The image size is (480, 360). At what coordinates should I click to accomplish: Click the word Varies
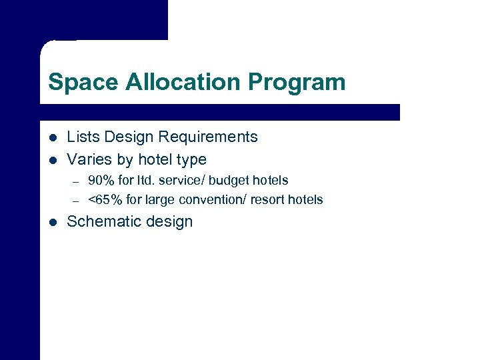click(87, 160)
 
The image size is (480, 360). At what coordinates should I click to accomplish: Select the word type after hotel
click(191, 160)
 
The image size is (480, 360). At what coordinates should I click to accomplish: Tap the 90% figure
click(101, 180)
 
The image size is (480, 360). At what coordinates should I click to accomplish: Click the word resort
click(268, 199)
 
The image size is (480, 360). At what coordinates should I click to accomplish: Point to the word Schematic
click(103, 222)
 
